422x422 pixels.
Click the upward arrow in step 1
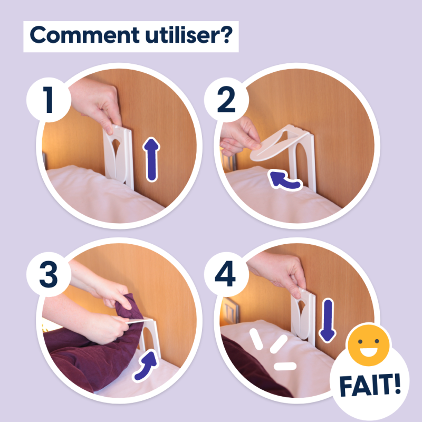152,158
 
